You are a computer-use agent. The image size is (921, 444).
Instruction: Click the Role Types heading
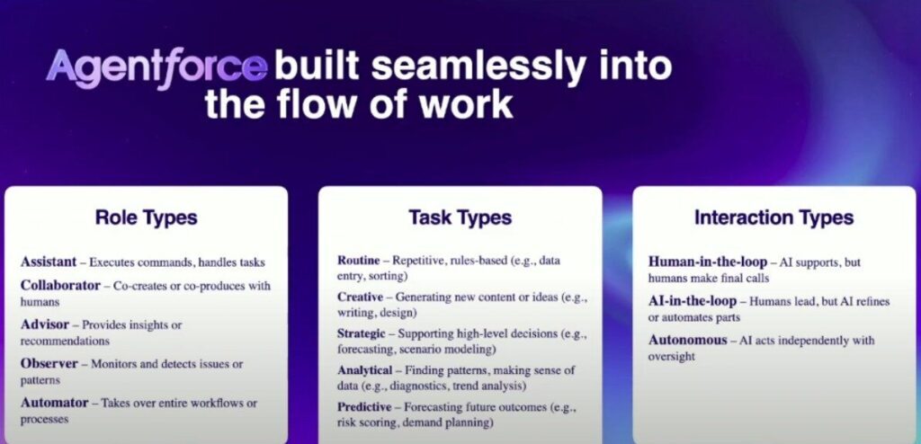point(147,218)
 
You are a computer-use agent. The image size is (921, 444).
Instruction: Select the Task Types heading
point(460,218)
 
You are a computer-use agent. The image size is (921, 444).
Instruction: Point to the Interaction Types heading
point(774,218)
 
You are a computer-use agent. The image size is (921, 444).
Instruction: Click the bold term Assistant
point(49,262)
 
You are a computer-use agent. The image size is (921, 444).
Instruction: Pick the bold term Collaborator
point(60,286)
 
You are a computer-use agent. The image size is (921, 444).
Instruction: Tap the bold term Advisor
point(45,324)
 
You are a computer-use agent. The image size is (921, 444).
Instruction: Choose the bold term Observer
point(49,363)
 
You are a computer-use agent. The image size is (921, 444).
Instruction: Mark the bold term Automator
point(55,403)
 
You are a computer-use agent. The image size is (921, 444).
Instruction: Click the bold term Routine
point(360,260)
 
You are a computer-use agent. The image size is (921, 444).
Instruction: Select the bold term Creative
point(360,297)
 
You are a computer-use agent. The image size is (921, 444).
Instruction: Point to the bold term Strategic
point(362,333)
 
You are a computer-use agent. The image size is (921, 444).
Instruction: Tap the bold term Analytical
point(365,370)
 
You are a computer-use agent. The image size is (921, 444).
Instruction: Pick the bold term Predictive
point(364,407)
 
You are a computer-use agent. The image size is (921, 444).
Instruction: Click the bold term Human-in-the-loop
point(708,262)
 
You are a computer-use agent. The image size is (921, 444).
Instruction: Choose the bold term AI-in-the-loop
point(693,301)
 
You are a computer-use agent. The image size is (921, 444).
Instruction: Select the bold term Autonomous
point(688,340)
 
